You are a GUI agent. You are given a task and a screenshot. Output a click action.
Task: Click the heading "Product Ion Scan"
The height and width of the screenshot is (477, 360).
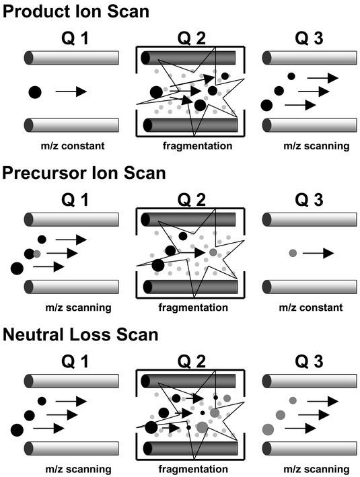pyautogui.click(x=76, y=11)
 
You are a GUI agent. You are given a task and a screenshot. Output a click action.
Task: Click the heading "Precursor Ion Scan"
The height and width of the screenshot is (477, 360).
pyautogui.click(x=84, y=173)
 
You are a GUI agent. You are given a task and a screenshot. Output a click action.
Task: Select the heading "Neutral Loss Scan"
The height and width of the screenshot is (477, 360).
pyautogui.click(x=80, y=334)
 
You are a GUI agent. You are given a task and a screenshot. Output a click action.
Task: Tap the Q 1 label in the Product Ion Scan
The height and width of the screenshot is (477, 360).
pyautogui.click(x=75, y=38)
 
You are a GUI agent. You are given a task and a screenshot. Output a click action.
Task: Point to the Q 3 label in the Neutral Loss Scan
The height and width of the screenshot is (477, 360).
pyautogui.click(x=309, y=361)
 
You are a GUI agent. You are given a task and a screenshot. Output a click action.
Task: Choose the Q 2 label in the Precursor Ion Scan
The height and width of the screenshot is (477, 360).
pyautogui.click(x=191, y=200)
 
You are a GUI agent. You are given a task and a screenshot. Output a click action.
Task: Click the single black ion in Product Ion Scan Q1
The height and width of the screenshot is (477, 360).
pyautogui.click(x=35, y=92)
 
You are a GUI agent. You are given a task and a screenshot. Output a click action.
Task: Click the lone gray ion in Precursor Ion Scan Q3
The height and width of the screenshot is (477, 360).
pyautogui.click(x=293, y=253)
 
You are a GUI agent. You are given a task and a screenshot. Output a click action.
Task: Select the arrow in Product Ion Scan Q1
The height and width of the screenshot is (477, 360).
pyautogui.click(x=71, y=91)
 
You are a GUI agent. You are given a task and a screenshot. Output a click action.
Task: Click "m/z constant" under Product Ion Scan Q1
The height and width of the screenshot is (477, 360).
pyautogui.click(x=73, y=146)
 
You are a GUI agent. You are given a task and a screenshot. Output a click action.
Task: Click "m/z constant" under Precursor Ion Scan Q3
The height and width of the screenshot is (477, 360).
pyautogui.click(x=311, y=307)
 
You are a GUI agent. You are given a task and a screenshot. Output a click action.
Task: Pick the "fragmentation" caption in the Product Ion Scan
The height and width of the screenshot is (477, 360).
pyautogui.click(x=197, y=146)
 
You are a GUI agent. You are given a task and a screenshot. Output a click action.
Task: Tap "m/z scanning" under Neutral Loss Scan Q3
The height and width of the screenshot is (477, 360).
pyautogui.click(x=316, y=469)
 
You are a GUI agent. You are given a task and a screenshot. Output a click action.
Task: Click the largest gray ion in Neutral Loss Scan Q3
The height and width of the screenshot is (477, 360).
pyautogui.click(x=268, y=429)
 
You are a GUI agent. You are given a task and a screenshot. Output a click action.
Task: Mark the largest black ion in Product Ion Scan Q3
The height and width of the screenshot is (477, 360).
pyautogui.click(x=267, y=105)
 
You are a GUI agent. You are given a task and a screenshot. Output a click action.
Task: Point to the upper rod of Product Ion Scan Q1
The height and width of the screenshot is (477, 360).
pyautogui.click(x=71, y=58)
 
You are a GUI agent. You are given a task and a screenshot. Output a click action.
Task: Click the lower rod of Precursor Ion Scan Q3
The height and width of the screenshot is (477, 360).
pyautogui.click(x=309, y=287)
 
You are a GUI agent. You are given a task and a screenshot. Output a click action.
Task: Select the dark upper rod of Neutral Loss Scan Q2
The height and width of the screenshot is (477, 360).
pyautogui.click(x=188, y=381)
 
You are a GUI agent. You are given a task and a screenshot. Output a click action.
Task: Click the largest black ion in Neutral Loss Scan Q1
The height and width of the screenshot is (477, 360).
pyautogui.click(x=17, y=430)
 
